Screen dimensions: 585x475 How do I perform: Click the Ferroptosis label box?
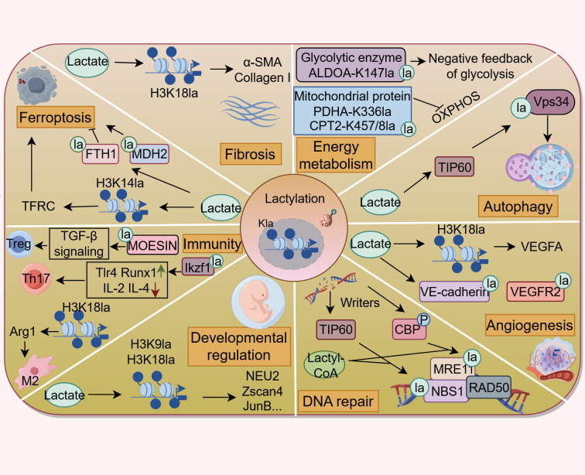pos(56,117)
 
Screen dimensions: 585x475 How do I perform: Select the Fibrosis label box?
pos(250,154)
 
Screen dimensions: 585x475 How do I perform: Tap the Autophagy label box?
pos(518,206)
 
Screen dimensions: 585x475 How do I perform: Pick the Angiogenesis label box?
pos(529,325)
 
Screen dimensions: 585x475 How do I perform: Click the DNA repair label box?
pos(338,401)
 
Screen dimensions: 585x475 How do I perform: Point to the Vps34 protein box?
pos(550,102)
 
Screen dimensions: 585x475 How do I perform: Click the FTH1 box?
pos(101,154)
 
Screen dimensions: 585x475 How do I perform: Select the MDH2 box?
pos(149,154)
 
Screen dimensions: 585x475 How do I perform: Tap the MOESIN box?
pos(152,245)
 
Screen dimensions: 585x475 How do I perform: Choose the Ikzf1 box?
pos(198,267)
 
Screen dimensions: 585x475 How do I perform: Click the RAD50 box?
pos(488,388)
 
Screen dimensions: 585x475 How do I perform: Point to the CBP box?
pos(409,329)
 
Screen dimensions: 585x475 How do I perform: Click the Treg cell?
pos(20,244)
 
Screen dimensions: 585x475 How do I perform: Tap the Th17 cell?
pos(34,279)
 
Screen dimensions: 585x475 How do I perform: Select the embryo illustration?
pos(258,301)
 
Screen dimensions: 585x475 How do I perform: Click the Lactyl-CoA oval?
pos(324,365)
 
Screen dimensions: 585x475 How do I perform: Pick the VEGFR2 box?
pos(535,292)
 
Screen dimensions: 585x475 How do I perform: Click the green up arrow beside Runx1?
pos(160,270)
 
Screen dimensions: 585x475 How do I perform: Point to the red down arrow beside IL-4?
pos(155,289)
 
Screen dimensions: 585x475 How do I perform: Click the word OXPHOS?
pos(456,107)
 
